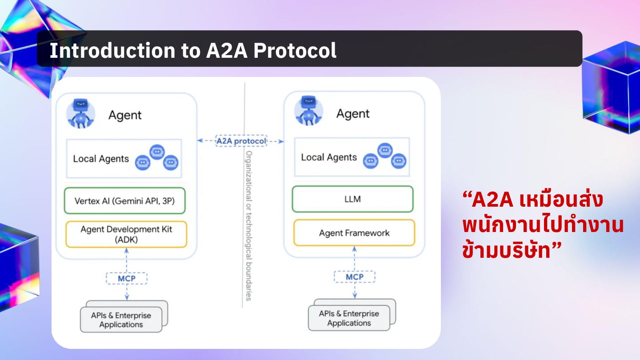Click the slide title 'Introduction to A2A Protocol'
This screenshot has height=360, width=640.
point(193,51)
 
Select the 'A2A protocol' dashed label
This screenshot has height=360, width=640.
point(241,141)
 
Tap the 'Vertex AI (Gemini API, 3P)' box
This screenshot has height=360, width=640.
point(124,201)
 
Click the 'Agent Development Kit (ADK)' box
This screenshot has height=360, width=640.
point(126,234)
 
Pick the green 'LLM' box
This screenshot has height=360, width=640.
point(352,199)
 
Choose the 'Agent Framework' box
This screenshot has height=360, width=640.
point(354,233)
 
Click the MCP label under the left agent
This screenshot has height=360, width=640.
point(126,279)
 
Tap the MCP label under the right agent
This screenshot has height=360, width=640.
point(354,277)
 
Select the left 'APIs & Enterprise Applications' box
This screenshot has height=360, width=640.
point(121,320)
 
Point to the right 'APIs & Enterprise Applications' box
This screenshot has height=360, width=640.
point(349,318)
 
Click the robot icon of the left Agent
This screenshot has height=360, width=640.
point(80,114)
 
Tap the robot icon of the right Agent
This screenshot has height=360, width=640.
point(308,111)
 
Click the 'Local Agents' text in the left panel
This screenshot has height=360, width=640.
point(101,159)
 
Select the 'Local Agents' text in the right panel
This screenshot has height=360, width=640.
point(329,157)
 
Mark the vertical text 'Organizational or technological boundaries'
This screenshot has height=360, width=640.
point(249,226)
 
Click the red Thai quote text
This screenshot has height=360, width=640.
point(542,226)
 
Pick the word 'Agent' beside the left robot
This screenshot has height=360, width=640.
point(125,116)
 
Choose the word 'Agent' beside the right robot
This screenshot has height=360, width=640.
point(353,114)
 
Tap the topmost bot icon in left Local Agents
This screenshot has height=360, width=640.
point(156,152)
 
